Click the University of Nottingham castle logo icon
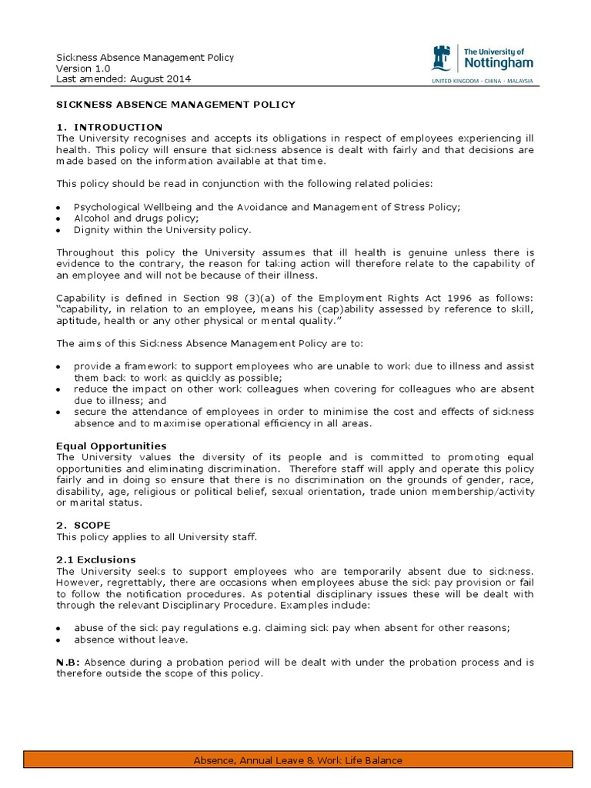click(x=442, y=58)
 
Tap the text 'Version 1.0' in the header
click(x=83, y=68)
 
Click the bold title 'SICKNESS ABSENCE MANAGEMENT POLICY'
click(x=175, y=104)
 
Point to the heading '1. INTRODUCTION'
click(x=109, y=127)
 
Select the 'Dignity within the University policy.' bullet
click(x=162, y=229)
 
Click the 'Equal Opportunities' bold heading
click(x=111, y=446)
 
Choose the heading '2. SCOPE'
click(x=83, y=525)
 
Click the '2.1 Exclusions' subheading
click(x=95, y=559)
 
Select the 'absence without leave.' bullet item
click(x=131, y=639)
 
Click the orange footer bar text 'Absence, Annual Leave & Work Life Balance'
click(x=297, y=761)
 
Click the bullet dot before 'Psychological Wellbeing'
click(x=59, y=209)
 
